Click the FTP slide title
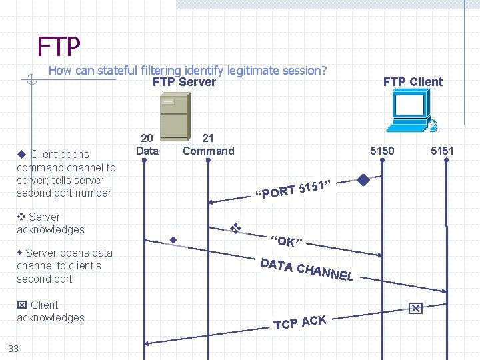59,47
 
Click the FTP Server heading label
184,82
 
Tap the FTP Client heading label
413,82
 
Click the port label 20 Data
147,144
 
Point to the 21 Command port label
208,144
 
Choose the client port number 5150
382,151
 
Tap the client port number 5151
442,151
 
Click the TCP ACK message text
300,323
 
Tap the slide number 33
13,348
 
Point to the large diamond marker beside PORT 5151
363,179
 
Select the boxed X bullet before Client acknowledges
21,305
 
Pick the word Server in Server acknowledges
44,217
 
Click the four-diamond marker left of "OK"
235,227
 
